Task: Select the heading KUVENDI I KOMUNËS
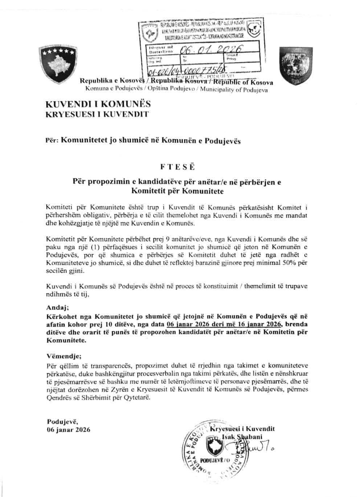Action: (98, 104)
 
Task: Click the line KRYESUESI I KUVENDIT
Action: (97, 115)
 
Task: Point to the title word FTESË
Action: (177, 167)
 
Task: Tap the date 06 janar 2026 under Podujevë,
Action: (69, 430)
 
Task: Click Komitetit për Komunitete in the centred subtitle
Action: (177, 190)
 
